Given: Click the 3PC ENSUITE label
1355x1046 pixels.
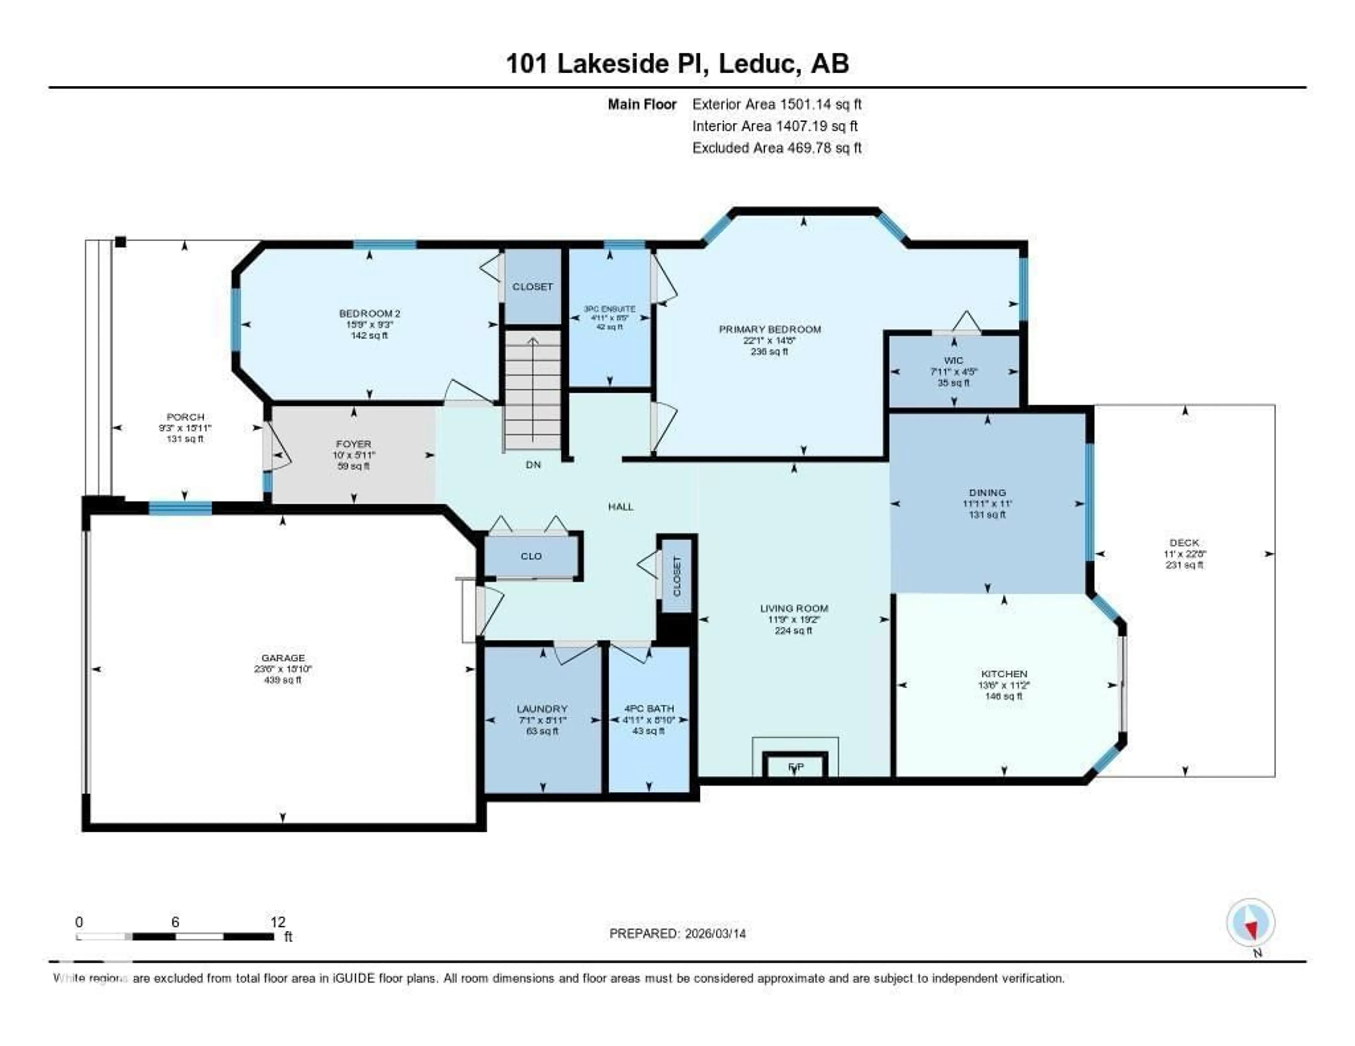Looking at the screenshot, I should click(x=609, y=309).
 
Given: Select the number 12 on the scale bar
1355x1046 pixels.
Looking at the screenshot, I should click(x=278, y=922).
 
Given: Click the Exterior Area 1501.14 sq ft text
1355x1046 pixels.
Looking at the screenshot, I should click(x=777, y=104).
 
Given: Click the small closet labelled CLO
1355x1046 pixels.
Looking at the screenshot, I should click(x=531, y=556).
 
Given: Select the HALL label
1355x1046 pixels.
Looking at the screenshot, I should click(x=620, y=506).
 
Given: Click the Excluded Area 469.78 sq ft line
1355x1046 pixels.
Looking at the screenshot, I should click(x=777, y=147).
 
